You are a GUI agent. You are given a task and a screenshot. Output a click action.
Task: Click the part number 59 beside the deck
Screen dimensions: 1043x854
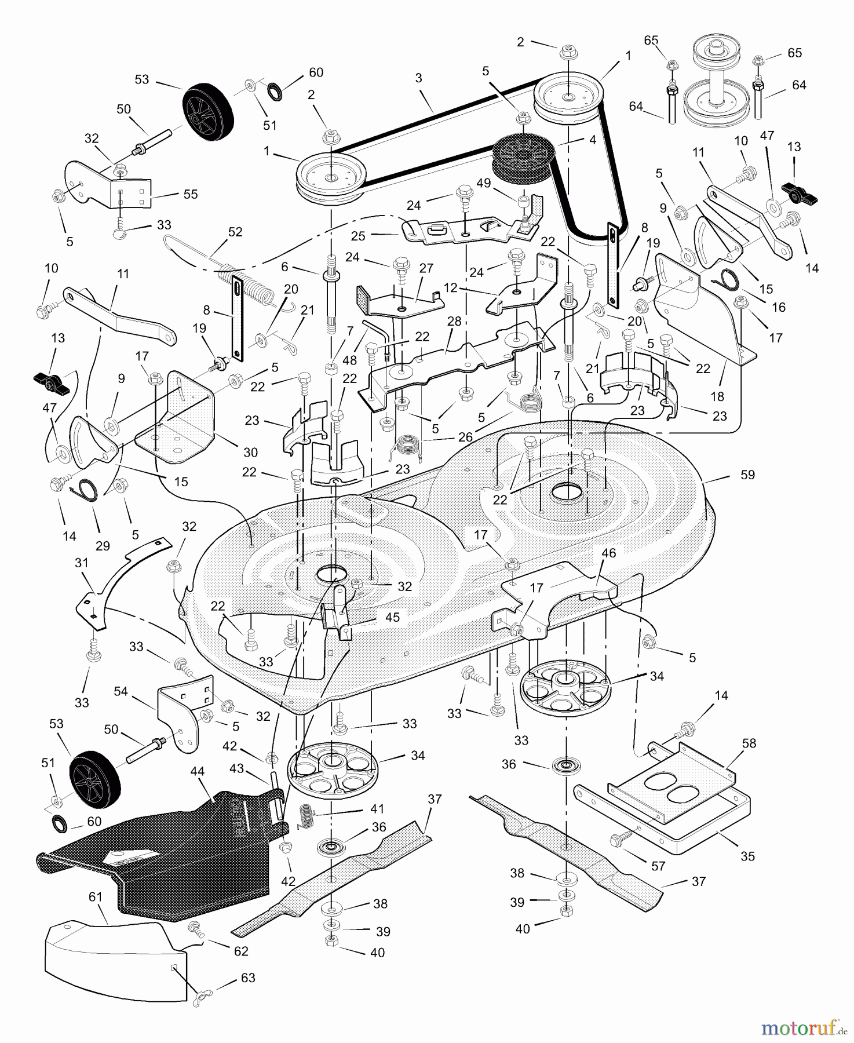pyautogui.click(x=747, y=475)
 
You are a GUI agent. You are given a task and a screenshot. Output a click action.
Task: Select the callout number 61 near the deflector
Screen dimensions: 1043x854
pyautogui.click(x=95, y=898)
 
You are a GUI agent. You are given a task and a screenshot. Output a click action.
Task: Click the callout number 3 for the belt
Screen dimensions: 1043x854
pyautogui.click(x=418, y=78)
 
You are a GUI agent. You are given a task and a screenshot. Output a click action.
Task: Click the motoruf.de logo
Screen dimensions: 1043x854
pyautogui.click(x=802, y=1029)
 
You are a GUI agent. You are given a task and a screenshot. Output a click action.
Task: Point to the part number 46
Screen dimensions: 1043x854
pyautogui.click(x=608, y=553)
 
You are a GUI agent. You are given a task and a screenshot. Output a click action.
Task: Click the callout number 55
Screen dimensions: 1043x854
pyautogui.click(x=191, y=194)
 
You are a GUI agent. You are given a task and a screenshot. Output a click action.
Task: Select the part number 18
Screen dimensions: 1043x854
pyautogui.click(x=717, y=396)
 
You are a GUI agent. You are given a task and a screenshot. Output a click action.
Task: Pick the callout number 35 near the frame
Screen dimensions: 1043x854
pyautogui.click(x=747, y=856)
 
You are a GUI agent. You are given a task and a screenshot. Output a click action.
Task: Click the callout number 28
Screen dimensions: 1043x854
pyautogui.click(x=454, y=322)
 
